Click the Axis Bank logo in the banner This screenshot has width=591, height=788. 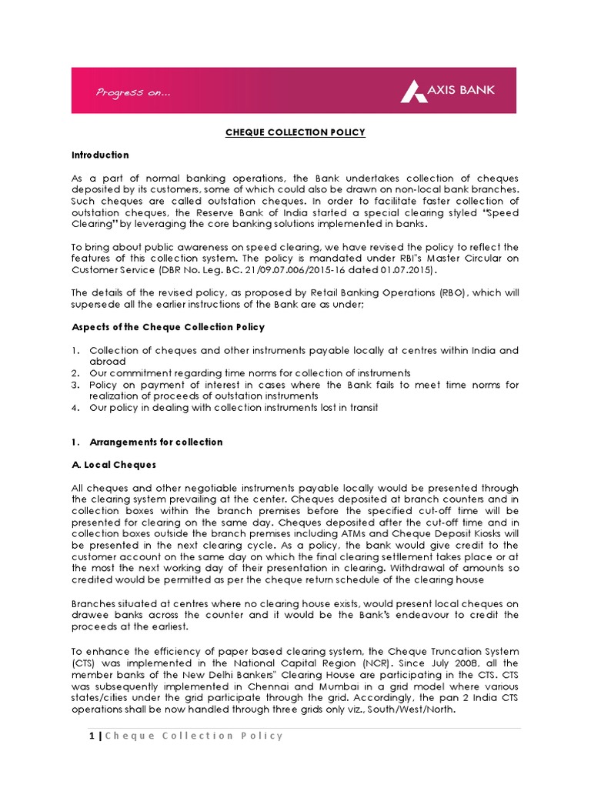tap(447, 91)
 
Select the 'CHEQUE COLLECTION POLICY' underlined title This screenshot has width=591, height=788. tap(295, 132)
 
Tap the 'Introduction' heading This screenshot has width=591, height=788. tap(100, 155)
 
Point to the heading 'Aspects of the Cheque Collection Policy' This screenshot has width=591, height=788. tap(168, 327)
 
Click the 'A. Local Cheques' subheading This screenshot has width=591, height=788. tap(113, 465)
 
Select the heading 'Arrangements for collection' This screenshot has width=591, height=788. tap(156, 442)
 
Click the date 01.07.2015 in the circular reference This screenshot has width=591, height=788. tap(408, 270)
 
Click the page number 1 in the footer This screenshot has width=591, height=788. tap(91, 736)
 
